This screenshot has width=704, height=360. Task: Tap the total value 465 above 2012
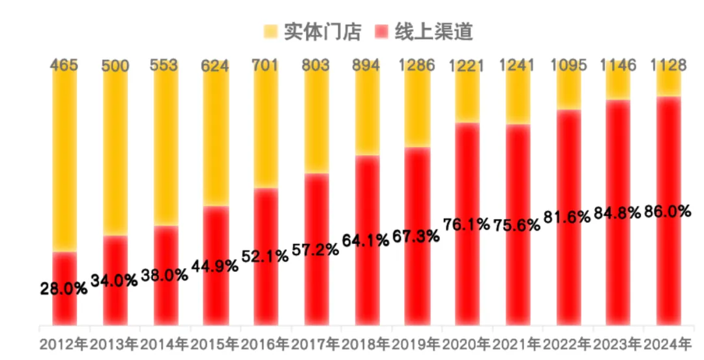click(65, 66)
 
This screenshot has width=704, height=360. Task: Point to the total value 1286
click(417, 66)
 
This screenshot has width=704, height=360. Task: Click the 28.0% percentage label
click(64, 289)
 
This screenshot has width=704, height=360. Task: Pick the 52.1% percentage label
click(265, 256)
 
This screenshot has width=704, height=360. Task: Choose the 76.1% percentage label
click(467, 225)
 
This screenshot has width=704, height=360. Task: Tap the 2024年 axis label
click(667, 344)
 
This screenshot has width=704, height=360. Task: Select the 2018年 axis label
click(366, 344)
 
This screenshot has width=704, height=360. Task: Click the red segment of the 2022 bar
click(568, 274)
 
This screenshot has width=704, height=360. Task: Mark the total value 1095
click(568, 66)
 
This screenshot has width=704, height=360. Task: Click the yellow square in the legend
click(271, 31)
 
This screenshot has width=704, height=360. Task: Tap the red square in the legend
click(383, 31)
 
